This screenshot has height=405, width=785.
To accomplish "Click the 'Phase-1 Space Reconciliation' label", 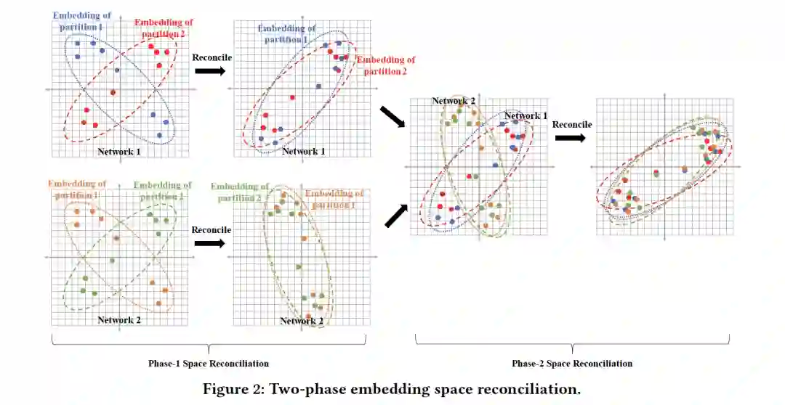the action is (x=209, y=364).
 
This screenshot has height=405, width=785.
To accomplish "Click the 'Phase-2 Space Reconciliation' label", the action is (x=571, y=364).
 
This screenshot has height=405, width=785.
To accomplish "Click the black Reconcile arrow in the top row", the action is (x=210, y=71).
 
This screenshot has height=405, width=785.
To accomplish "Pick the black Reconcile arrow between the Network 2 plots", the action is (x=210, y=243).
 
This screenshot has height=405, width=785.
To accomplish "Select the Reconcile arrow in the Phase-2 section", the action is (x=571, y=138).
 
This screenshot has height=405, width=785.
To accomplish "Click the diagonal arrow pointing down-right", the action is (x=390, y=118).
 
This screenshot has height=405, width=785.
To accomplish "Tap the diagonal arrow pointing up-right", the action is (x=392, y=215).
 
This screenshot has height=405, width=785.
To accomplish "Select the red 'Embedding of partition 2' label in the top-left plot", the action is (x=163, y=29).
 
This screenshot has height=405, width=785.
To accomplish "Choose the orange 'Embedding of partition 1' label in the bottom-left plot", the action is (x=77, y=190).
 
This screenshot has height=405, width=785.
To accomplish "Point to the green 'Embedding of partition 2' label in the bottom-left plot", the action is (x=162, y=190).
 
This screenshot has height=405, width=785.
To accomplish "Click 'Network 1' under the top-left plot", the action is (x=119, y=152).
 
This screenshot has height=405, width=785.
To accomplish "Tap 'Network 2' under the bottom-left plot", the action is (x=119, y=319).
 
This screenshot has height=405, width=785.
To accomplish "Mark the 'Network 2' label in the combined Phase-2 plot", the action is (x=454, y=101).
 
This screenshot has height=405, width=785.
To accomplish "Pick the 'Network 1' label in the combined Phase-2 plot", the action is (x=526, y=116).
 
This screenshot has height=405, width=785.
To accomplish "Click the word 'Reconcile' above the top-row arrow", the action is (x=212, y=57).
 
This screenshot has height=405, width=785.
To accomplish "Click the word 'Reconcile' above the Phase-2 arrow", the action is (x=572, y=124).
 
